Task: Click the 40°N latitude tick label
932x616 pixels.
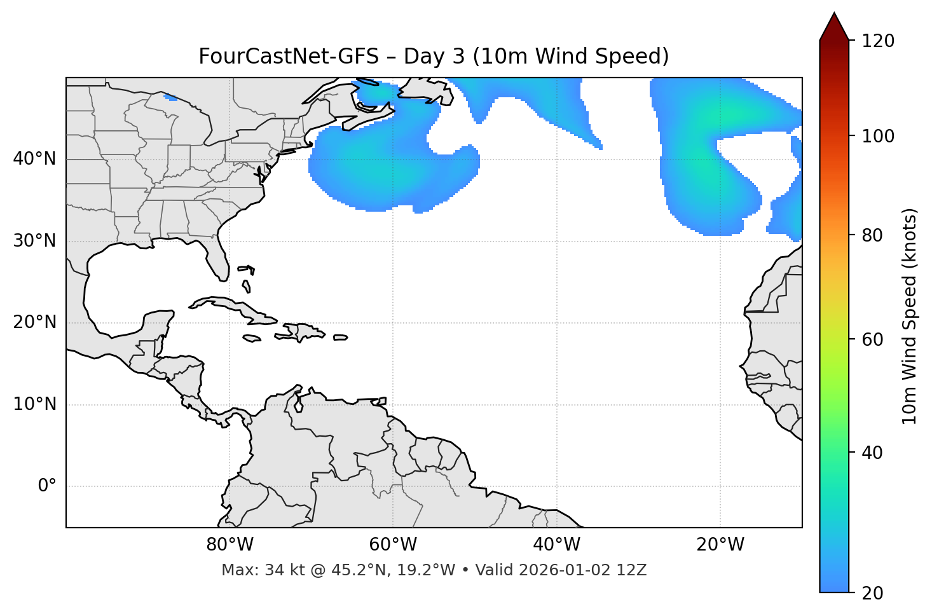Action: [34, 159]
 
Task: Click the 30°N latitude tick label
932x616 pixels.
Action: [34, 241]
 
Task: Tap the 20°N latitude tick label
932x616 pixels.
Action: [34, 322]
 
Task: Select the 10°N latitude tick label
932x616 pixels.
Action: [34, 404]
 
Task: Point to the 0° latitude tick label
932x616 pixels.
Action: [47, 486]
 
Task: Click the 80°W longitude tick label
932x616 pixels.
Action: [230, 545]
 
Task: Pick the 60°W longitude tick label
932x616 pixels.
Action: [393, 545]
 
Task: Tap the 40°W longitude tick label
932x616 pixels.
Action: [556, 545]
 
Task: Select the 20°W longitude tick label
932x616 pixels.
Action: [720, 545]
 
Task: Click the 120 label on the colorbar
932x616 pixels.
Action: [877, 41]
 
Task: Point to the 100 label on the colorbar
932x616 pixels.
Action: [877, 136]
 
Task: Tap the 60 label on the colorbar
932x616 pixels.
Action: [872, 339]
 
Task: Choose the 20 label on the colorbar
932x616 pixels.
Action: [872, 593]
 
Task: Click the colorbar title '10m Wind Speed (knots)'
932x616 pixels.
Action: [910, 317]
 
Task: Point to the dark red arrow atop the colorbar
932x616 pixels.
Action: [834, 27]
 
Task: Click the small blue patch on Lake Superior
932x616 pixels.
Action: [170, 97]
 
